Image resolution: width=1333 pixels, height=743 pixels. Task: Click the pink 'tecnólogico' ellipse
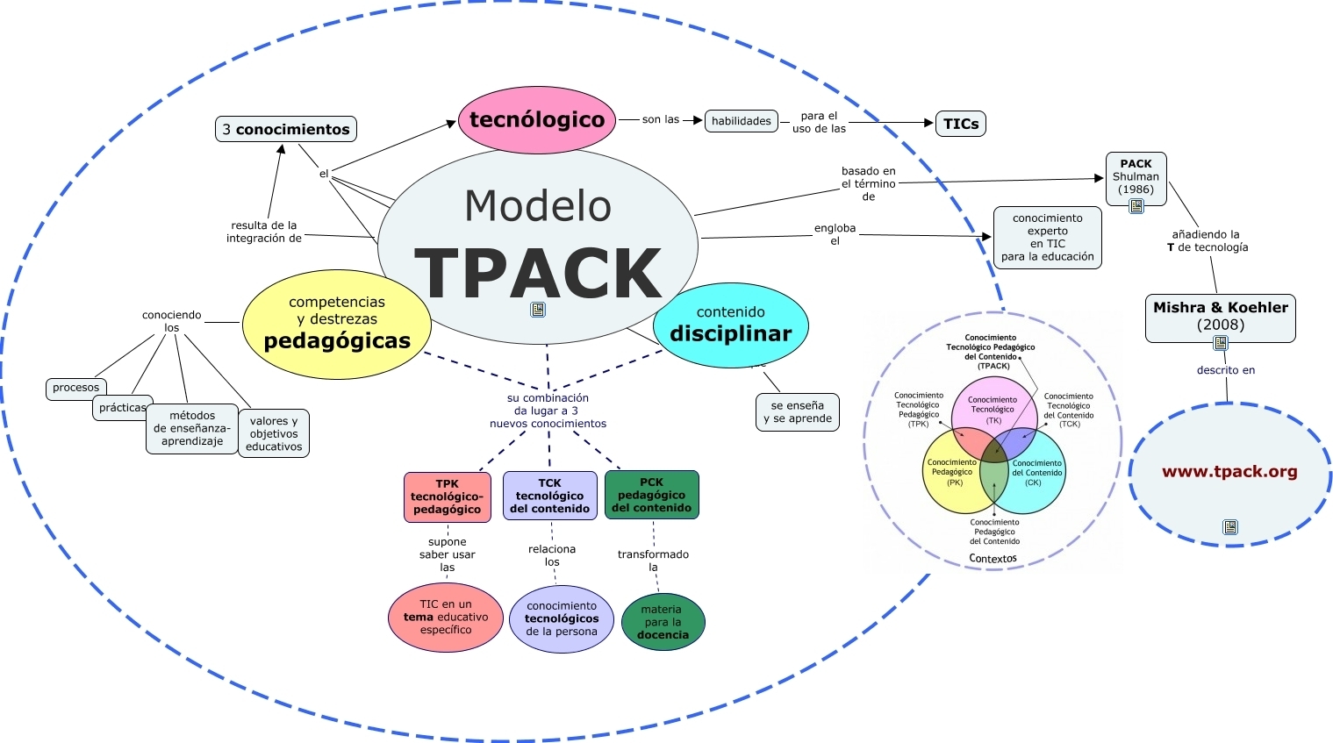pos(536,120)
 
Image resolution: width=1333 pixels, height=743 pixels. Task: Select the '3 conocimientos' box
pos(286,129)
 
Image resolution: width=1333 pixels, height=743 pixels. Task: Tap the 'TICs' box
pos(961,124)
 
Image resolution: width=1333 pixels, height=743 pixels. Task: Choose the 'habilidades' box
pos(742,121)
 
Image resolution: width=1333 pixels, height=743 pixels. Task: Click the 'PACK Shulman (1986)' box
pos(1136,177)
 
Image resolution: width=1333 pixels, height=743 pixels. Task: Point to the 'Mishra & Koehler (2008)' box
pos(1220,317)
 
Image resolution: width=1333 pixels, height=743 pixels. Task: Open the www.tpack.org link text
pos(1229,472)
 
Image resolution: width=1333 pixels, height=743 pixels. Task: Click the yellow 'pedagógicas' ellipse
pos(337,325)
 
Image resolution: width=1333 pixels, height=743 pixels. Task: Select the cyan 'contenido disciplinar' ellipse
pos(730,325)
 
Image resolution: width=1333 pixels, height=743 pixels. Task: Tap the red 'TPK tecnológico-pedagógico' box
pos(447,497)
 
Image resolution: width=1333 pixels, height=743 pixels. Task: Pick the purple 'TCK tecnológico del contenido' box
pos(549,496)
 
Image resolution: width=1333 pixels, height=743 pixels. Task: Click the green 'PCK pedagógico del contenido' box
pos(651,495)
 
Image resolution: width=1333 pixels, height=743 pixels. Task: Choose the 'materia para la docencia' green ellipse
pos(663,622)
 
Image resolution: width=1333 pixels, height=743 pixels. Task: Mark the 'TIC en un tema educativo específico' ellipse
pos(445,618)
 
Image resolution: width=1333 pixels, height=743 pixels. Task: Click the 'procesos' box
pos(76,388)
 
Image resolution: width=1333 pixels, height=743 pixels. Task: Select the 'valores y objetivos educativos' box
pos(274,433)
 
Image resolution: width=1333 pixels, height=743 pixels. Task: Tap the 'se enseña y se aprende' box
pos(797,412)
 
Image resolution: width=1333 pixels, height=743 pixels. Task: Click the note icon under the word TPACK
pos(538,310)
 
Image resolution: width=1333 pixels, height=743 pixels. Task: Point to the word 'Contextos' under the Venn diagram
pos(993,559)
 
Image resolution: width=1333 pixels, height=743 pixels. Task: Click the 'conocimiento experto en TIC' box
pos(1047,238)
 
